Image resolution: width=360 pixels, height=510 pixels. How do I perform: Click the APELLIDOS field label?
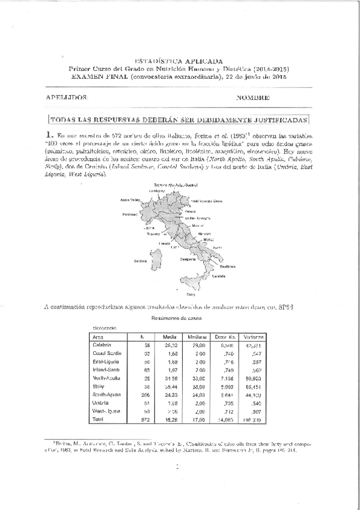(67, 97)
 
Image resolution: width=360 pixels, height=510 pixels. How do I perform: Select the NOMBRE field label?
(253, 97)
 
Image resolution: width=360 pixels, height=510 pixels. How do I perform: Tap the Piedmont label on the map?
(130, 214)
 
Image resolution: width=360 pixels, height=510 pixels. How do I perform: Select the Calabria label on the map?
(219, 275)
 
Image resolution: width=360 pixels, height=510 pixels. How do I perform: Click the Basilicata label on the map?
(227, 265)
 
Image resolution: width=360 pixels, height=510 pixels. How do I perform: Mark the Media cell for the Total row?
(169, 419)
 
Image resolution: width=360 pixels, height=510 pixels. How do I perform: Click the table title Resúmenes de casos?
(177, 318)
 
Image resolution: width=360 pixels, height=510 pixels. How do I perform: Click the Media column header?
(169, 337)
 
